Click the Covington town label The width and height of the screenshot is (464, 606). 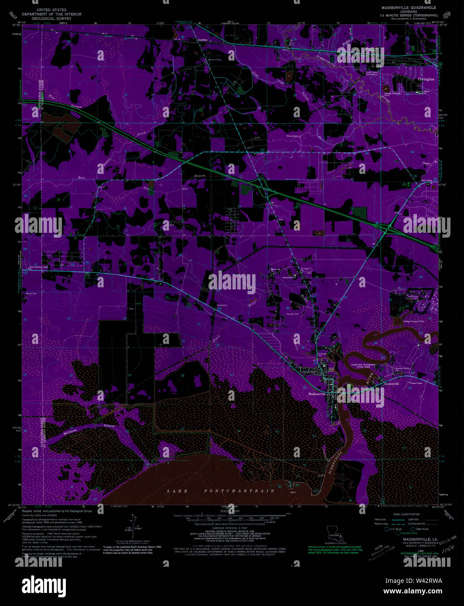tap(426, 79)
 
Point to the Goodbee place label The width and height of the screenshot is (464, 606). tap(202, 40)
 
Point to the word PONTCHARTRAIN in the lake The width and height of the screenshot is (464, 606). tap(240, 490)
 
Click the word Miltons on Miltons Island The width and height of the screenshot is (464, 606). tap(70, 432)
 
